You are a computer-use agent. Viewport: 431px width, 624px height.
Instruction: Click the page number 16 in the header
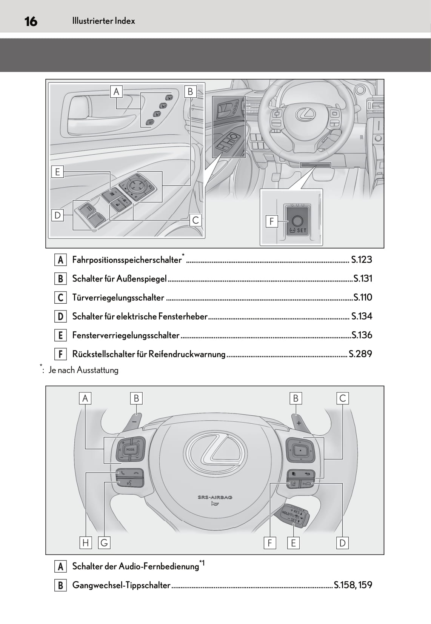(31, 21)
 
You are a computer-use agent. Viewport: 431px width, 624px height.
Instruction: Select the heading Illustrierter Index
(103, 21)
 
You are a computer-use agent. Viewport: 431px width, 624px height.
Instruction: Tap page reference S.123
(361, 260)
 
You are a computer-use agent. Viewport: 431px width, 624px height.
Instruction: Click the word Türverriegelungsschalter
(118, 298)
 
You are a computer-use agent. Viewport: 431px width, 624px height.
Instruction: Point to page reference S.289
(360, 354)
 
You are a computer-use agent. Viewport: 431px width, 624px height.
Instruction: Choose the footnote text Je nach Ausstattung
(83, 370)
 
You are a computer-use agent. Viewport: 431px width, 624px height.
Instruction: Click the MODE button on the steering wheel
(130, 449)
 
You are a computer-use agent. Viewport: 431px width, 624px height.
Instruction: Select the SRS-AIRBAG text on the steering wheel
(215, 497)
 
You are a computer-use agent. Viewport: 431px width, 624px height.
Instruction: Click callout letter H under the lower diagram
(86, 543)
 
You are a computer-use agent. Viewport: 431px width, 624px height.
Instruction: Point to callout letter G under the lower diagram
(104, 543)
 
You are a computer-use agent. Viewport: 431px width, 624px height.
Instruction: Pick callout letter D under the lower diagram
(342, 543)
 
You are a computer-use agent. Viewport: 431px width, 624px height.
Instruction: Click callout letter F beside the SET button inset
(271, 221)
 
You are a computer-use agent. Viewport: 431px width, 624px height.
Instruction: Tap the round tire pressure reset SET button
(297, 221)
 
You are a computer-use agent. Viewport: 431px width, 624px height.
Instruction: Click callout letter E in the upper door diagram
(57, 172)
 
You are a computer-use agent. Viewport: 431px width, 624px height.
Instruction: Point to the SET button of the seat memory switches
(150, 122)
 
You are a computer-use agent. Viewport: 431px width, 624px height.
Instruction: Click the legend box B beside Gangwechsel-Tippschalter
(60, 585)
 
